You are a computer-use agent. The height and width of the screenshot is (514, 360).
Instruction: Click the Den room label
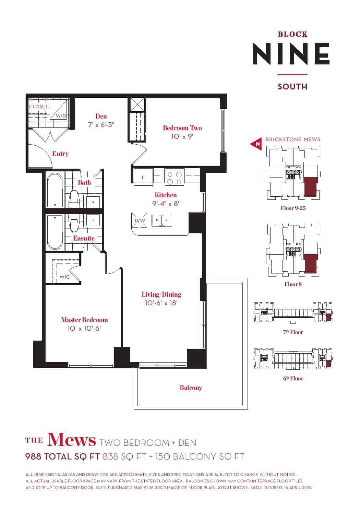[x=101, y=116]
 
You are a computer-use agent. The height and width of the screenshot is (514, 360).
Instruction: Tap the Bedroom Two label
[x=182, y=128]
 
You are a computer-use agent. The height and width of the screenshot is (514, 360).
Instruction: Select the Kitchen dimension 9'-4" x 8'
[x=166, y=204]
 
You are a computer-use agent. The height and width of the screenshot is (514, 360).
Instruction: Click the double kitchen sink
[x=161, y=220]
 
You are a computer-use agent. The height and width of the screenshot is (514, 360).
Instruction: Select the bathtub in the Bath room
[x=55, y=190]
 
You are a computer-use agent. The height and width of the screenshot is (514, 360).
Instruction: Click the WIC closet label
[x=64, y=277]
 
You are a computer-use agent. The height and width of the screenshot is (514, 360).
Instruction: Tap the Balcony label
[x=191, y=388]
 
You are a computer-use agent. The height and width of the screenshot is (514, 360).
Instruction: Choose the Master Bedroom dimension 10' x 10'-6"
[x=84, y=328]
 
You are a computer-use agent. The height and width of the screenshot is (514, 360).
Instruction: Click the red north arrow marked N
[x=256, y=144]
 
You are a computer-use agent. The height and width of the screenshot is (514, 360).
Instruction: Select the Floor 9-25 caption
[x=293, y=208]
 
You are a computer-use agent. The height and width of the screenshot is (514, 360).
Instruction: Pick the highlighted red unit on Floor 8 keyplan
[x=311, y=264]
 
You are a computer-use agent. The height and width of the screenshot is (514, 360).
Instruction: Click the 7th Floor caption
[x=293, y=332]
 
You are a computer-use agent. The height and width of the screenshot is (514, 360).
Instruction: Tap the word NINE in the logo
[x=291, y=54]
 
